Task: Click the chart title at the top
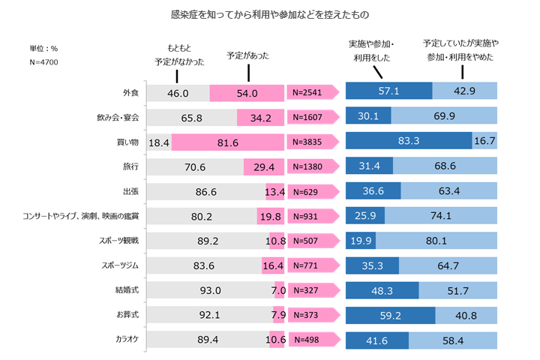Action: pos(269,14)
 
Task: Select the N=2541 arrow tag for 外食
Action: pos(310,93)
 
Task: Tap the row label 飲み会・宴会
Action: pos(118,118)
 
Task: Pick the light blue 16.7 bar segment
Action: pos(484,142)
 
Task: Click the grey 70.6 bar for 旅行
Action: pos(195,166)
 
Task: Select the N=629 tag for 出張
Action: pos(308,191)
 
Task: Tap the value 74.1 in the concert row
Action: pos(440,216)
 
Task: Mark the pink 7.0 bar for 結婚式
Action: pos(278,290)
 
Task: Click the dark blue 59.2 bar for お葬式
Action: pos(389,315)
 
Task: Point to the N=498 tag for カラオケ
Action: pos(310,340)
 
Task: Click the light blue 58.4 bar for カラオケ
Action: pos(452,340)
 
